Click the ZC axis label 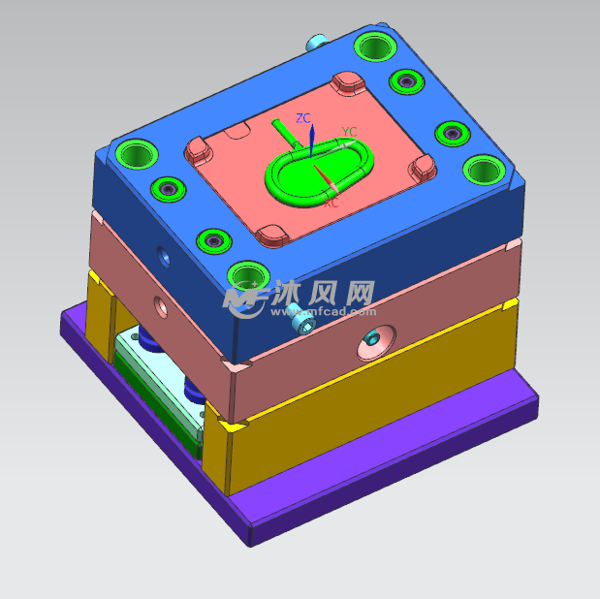(x=303, y=118)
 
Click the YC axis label (x=349, y=132)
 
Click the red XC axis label (x=331, y=205)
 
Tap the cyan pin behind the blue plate (x=316, y=43)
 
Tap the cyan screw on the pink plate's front (x=305, y=328)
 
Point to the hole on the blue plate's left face (x=162, y=257)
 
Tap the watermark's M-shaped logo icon (x=246, y=299)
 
